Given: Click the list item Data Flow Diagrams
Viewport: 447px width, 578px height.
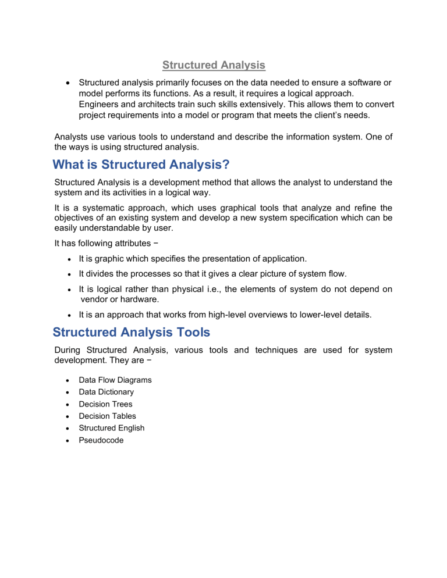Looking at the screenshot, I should [x=115, y=380].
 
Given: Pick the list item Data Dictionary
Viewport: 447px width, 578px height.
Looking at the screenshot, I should [x=107, y=392].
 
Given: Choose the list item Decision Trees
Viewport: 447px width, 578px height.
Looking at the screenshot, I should [x=105, y=404].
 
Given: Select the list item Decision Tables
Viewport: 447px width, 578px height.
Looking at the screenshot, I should [x=107, y=416].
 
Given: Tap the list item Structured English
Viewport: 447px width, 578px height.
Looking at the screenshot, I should [x=112, y=428].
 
